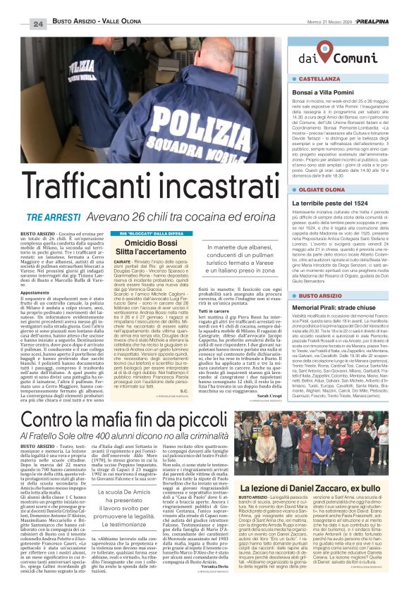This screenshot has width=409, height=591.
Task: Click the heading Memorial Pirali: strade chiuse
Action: pyautogui.click(x=338, y=308)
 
